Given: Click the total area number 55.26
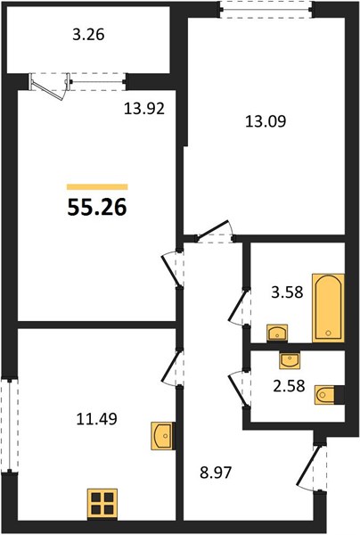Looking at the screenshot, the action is pos(97,207).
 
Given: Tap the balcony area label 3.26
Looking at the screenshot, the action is pos(88,35).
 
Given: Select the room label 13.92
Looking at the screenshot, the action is pos(144,109).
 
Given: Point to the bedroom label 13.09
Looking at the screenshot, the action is pos(266,121).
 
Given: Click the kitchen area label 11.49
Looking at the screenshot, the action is pos(97,419).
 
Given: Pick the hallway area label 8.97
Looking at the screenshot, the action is pos(216,473).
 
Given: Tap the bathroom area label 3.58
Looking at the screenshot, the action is pos(287,292).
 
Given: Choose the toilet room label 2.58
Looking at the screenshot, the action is pos(289,386).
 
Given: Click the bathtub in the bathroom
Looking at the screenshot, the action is pos(328,308).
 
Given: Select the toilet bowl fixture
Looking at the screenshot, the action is pos(326,395).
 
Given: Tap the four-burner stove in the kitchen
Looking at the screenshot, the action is pos(102,504).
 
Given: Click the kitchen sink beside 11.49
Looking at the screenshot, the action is pos(162,436).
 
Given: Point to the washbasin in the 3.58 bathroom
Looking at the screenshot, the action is pos(277,333).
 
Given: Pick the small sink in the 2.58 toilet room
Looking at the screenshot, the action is pos(290,360).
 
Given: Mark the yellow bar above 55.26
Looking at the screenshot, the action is pos(97,186).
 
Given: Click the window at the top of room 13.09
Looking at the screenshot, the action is pos(266,9).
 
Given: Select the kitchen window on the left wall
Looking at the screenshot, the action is pos(10,425).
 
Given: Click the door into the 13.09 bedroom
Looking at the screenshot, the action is pos(215,231).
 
